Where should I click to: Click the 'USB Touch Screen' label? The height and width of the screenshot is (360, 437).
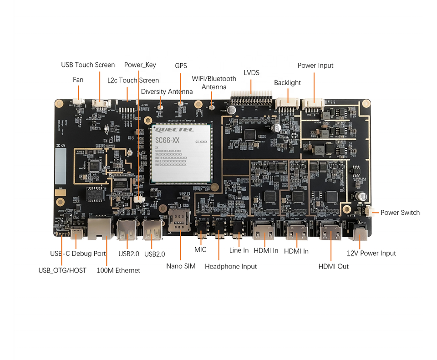tap(88, 65)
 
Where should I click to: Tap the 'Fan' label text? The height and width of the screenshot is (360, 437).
tap(78, 80)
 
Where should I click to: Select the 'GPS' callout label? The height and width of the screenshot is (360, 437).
tap(181, 66)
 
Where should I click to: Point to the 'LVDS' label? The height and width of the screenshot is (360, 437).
tap(251, 72)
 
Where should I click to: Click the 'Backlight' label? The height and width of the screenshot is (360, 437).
tap(287, 83)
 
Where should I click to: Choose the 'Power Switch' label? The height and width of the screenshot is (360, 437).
tap(400, 213)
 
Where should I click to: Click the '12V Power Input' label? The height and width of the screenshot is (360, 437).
tap(371, 253)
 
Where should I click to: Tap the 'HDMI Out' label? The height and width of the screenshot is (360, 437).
tap(333, 266)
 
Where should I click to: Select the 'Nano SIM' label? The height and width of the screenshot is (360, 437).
tap(181, 266)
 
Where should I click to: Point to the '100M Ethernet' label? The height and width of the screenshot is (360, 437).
tap(118, 270)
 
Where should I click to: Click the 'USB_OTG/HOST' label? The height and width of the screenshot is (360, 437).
tap(62, 270)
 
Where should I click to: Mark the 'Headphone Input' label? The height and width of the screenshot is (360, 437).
tap(231, 266)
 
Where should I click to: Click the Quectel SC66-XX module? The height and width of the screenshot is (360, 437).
tap(182, 153)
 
